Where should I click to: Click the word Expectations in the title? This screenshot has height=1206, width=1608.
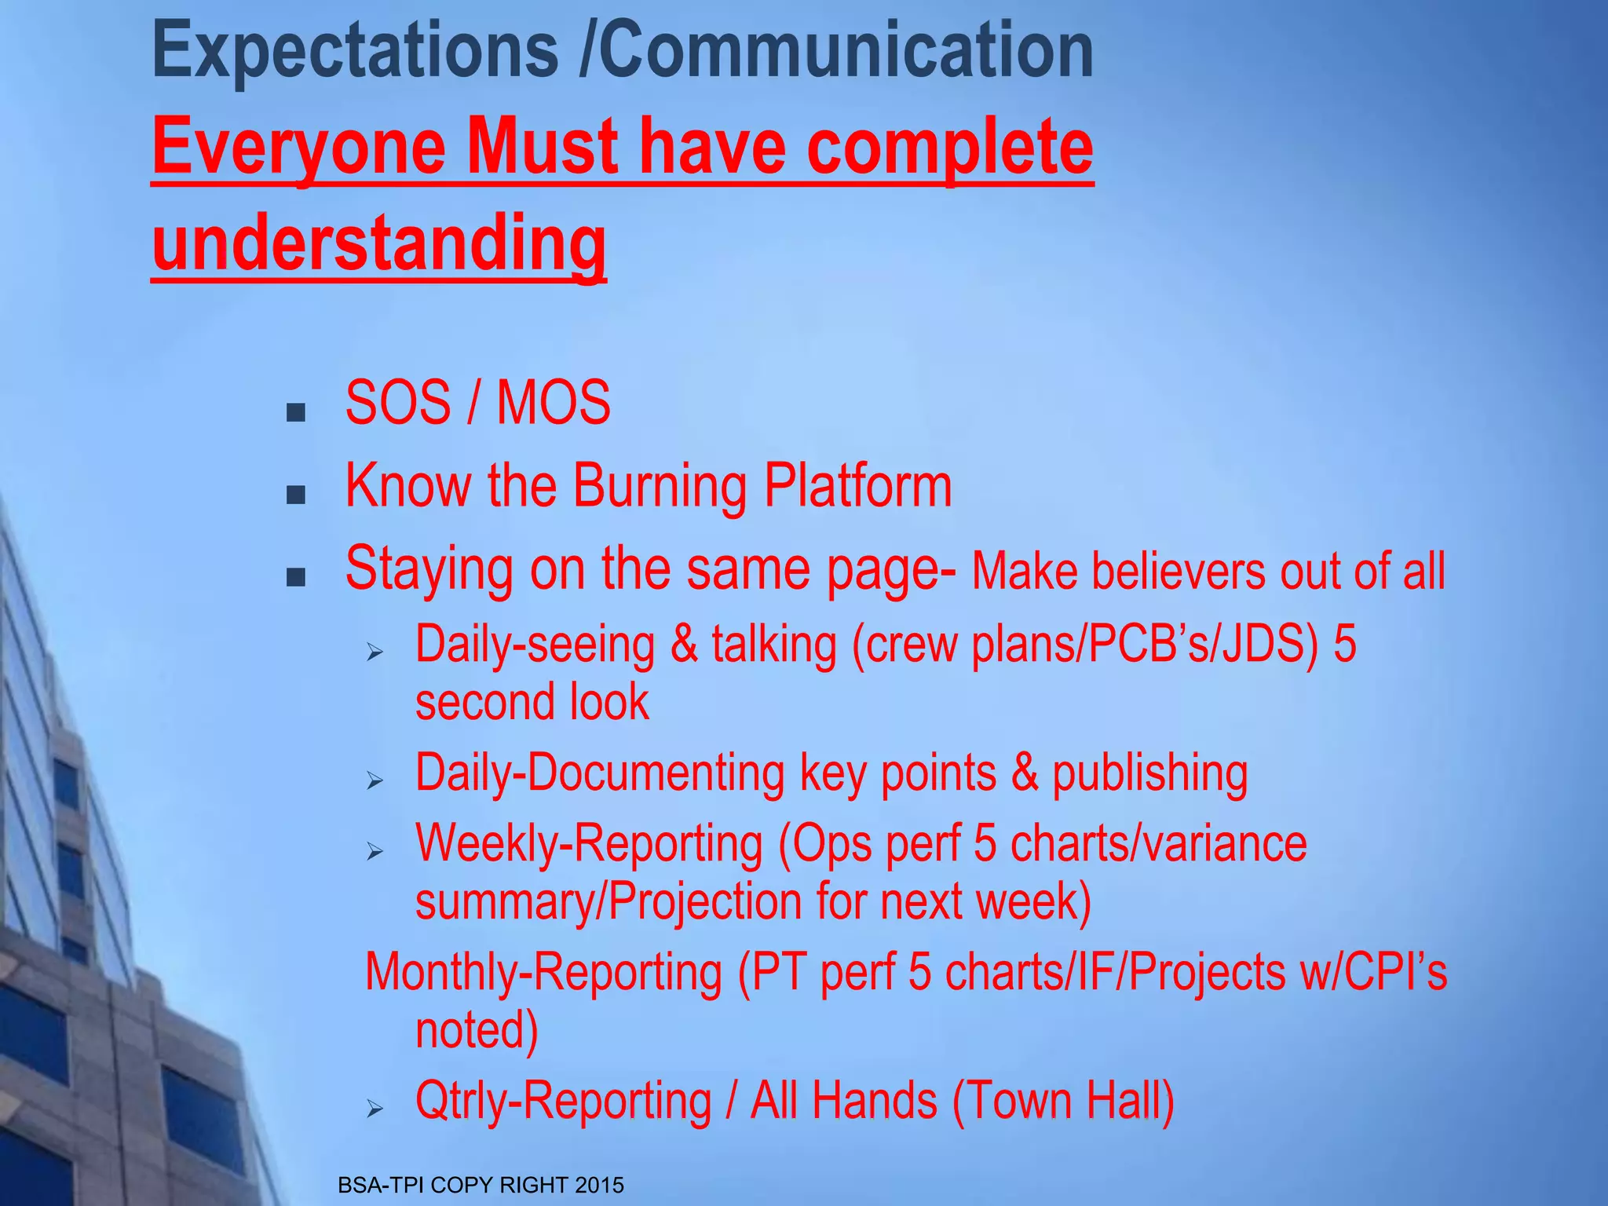[x=354, y=52]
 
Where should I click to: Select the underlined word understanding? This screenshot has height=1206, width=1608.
[x=379, y=243]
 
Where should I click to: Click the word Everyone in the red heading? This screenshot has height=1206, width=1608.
[x=299, y=148]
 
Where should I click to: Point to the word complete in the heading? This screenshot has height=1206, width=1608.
[x=949, y=148]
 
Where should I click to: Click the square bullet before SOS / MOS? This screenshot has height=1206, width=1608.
[x=296, y=412]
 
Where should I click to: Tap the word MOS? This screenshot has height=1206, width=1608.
[x=554, y=403]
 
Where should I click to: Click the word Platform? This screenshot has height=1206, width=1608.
[x=857, y=486]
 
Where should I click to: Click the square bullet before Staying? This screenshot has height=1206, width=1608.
[x=296, y=579]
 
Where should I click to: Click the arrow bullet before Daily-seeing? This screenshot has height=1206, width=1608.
[x=375, y=652]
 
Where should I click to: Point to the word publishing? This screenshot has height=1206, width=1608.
[x=1149, y=773]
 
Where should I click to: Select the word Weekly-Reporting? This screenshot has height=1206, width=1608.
[x=589, y=844]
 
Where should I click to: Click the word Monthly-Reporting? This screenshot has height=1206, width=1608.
[x=543, y=972]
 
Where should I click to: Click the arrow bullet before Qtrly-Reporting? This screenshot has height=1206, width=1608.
[x=375, y=1108]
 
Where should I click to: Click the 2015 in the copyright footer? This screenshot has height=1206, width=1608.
[x=599, y=1185]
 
